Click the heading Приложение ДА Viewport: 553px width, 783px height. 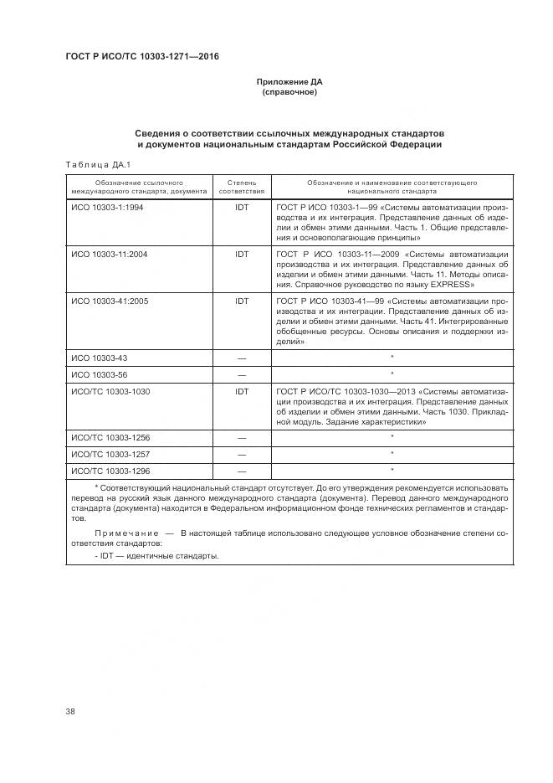[x=289, y=82]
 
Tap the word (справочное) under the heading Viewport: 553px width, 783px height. [x=289, y=92]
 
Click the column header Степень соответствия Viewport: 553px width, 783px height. [x=242, y=186]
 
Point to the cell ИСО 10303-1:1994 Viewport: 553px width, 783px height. [x=107, y=207]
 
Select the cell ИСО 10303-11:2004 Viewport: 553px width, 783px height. [x=110, y=254]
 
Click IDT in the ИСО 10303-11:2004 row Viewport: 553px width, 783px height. [x=242, y=254]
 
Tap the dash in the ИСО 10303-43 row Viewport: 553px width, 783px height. [x=242, y=358]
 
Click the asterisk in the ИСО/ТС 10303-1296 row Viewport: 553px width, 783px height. [x=392, y=470]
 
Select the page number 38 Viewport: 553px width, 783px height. [x=70, y=713]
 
